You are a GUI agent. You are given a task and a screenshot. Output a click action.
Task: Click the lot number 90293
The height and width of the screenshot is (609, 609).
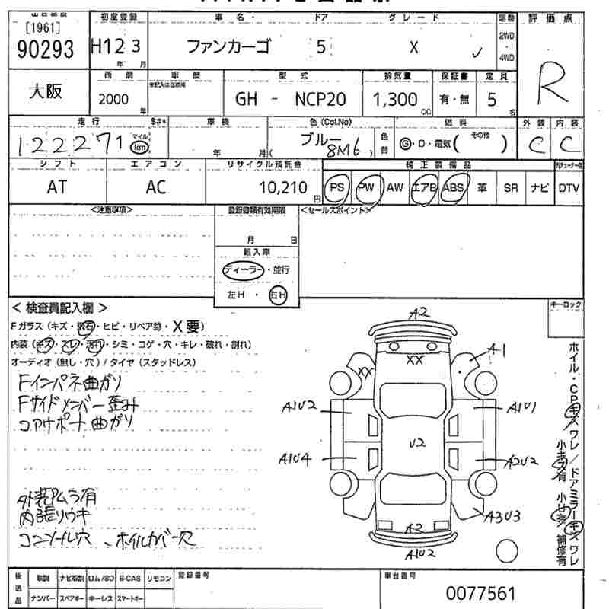click(x=45, y=49)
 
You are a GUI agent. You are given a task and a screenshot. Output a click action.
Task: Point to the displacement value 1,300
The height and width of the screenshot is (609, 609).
click(x=394, y=98)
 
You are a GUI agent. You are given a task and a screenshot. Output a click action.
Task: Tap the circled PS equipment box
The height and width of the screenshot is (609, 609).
click(x=336, y=187)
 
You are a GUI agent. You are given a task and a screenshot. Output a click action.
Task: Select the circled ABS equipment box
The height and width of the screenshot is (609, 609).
click(x=453, y=187)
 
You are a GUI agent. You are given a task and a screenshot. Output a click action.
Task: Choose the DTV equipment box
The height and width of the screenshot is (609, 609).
click(x=568, y=187)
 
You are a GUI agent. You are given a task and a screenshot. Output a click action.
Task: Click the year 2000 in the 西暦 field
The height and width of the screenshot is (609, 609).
click(x=113, y=99)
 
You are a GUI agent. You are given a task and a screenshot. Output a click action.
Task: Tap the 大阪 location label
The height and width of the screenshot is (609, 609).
click(x=46, y=91)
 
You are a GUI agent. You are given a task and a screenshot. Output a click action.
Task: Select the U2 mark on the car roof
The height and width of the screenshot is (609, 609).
click(x=416, y=442)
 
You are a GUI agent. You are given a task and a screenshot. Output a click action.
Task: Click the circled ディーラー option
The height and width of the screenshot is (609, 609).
click(x=242, y=270)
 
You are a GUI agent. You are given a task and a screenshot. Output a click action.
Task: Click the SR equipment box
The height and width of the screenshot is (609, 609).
click(x=511, y=187)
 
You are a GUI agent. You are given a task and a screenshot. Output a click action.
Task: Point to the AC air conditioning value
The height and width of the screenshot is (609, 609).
click(x=155, y=187)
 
